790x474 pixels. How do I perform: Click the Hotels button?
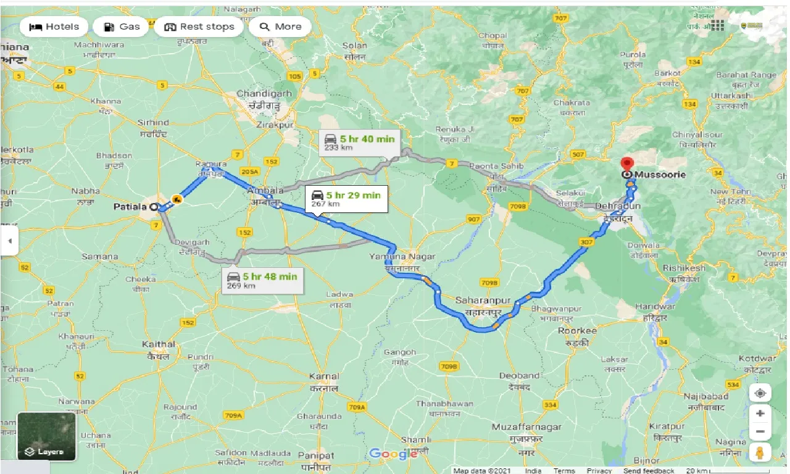(x=54, y=27)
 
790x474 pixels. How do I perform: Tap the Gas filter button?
(x=121, y=27)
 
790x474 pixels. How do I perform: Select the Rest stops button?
(x=199, y=27)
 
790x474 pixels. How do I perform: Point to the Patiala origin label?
(x=130, y=207)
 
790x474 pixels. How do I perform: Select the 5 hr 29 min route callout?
(x=346, y=199)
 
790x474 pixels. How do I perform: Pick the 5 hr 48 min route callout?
(x=262, y=280)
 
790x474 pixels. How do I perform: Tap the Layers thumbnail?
(x=47, y=436)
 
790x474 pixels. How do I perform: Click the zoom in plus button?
(x=760, y=414)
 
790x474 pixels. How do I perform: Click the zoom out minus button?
(x=760, y=431)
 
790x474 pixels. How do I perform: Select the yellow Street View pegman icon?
(x=760, y=453)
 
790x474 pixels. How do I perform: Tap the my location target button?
(x=760, y=393)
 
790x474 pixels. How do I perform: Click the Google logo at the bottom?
(x=393, y=455)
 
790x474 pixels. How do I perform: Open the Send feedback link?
(x=648, y=470)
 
